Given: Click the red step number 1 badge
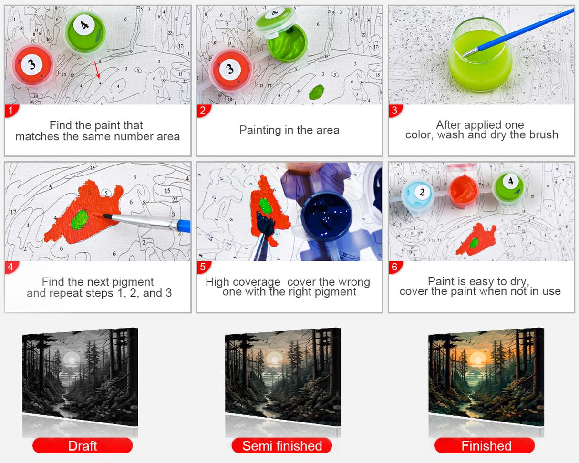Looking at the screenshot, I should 11,111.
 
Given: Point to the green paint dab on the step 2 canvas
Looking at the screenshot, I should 316,92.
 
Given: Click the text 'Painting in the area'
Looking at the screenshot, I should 289,130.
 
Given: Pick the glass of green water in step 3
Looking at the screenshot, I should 480,57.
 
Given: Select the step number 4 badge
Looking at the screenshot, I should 11,268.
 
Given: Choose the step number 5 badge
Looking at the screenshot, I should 204,268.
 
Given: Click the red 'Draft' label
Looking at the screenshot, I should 83,446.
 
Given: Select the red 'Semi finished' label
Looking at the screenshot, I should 282,446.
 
